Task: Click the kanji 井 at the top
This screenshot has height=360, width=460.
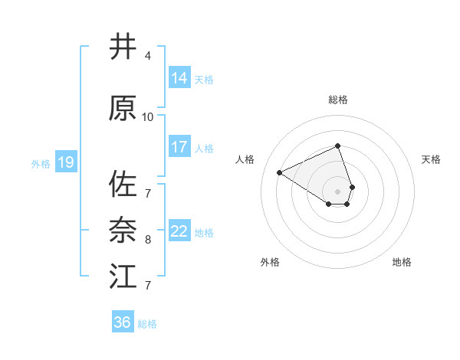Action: coord(123,47)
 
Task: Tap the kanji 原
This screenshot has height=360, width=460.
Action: coord(123,108)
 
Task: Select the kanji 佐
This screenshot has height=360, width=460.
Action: coord(123,185)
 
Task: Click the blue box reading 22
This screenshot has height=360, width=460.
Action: coord(179,231)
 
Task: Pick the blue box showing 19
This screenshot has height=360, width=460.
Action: coord(65,162)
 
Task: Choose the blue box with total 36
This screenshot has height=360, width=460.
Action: coord(123,322)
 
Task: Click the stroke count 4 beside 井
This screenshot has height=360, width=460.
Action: coord(148,56)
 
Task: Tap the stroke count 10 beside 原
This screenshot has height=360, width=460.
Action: coord(148,117)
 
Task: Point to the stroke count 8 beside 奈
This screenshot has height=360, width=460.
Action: coord(148,240)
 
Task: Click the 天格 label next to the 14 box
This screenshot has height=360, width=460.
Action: coord(204,79)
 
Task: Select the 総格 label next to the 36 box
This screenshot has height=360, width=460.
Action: coord(147,324)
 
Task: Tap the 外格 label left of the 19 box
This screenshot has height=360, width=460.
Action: coord(41,163)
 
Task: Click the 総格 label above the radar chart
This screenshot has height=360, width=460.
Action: coord(338,100)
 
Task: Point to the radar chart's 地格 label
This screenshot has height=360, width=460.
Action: coord(402,262)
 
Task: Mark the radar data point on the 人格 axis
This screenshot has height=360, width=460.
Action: coord(280,172)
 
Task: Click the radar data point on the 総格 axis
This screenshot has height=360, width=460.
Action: coord(338,146)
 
